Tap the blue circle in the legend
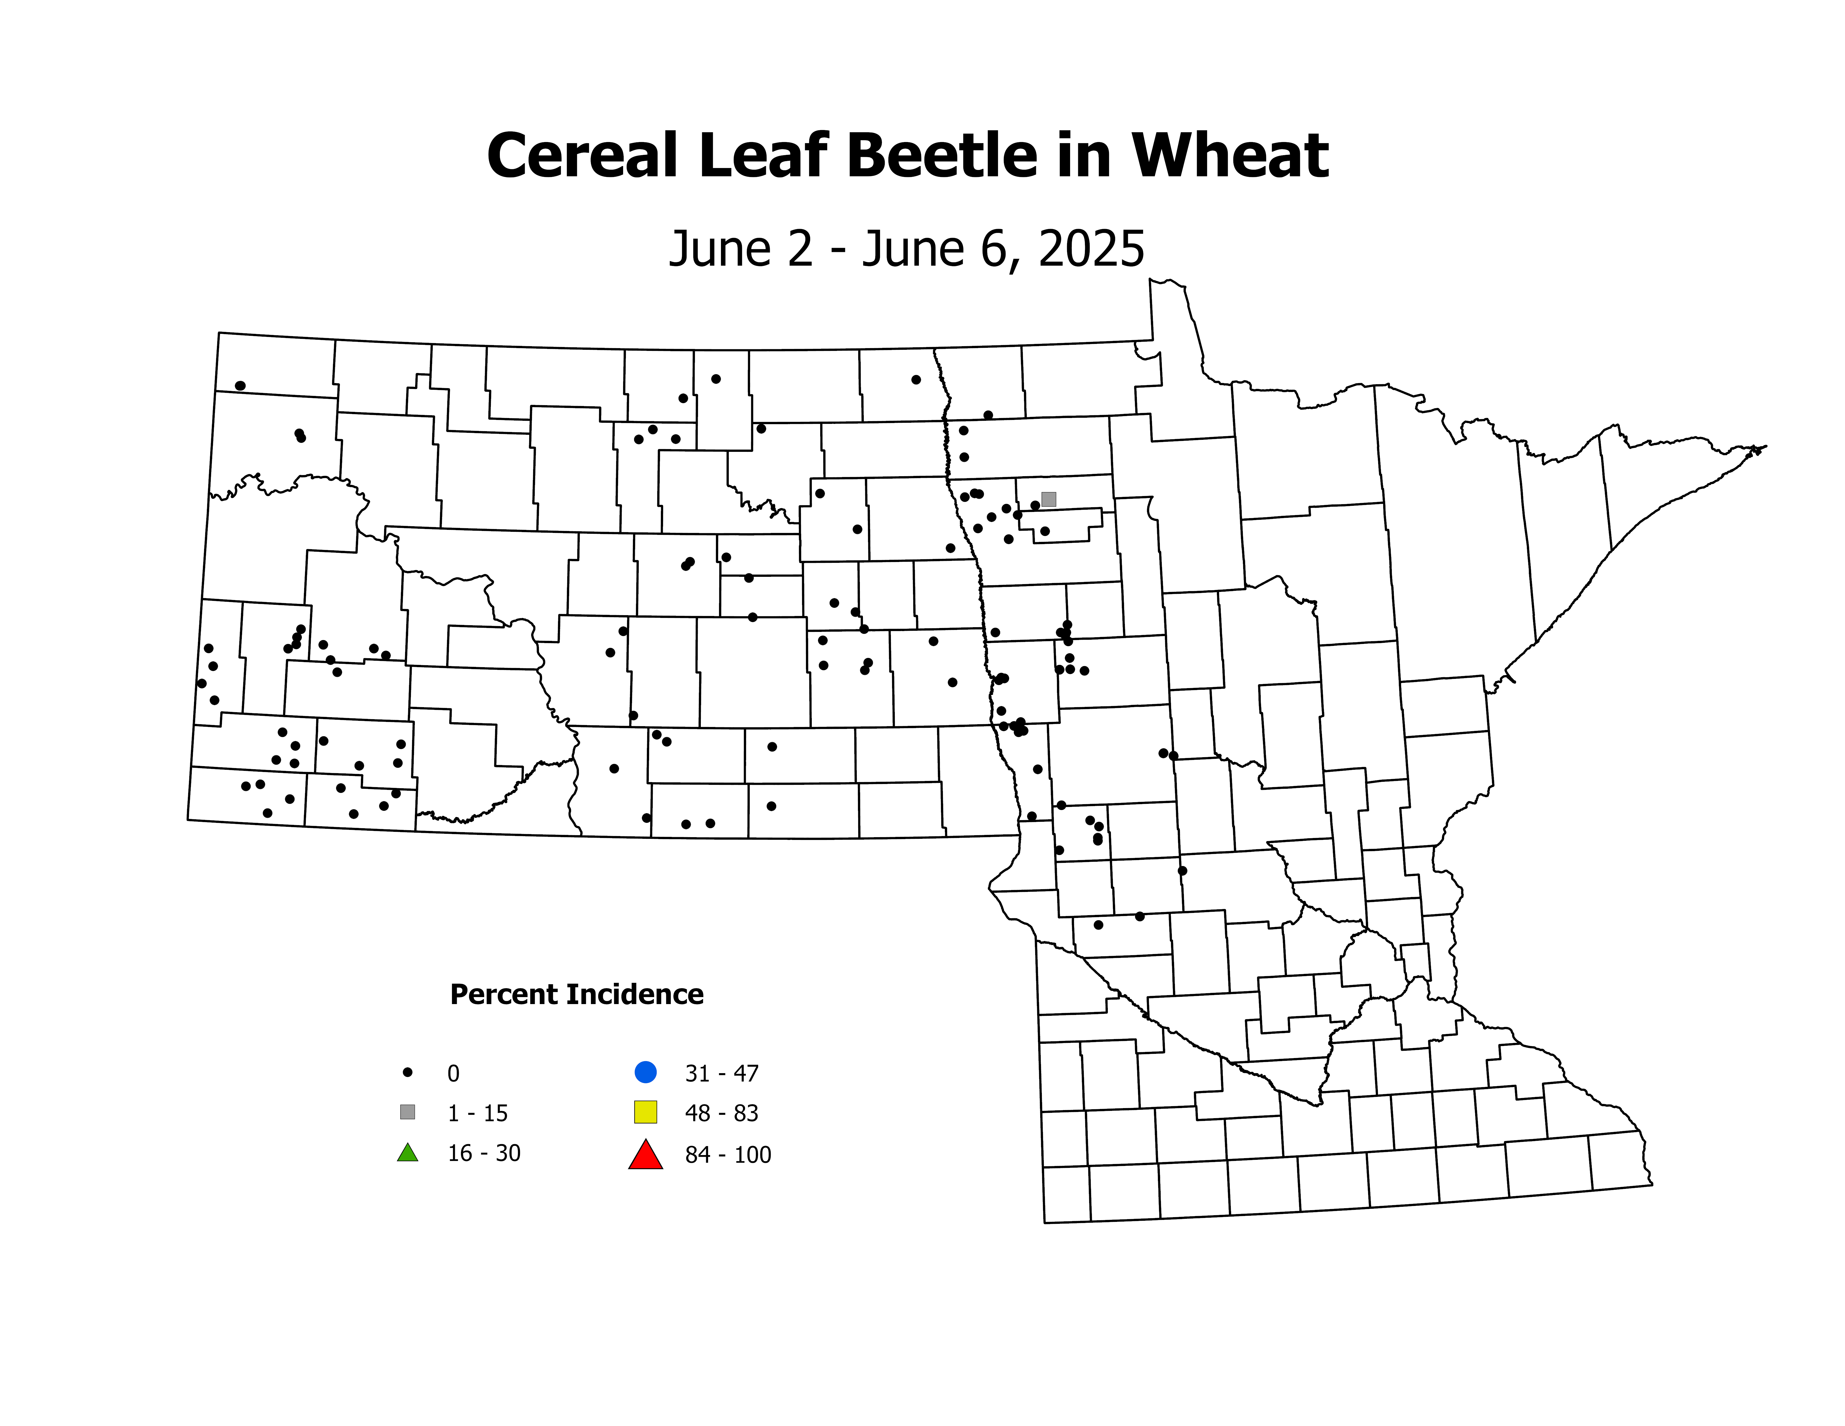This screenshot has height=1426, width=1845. [645, 1072]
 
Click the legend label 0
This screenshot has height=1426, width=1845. [454, 1074]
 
